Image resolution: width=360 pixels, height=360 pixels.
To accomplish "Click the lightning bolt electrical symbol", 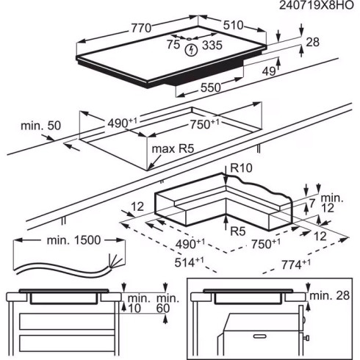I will click(x=192, y=50).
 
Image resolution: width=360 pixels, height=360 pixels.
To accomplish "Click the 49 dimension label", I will click(x=270, y=71).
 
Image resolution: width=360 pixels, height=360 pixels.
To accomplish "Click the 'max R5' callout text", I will click(x=174, y=151).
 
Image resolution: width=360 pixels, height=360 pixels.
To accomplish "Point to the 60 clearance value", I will click(x=163, y=308).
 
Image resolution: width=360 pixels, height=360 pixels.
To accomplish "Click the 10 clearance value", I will click(x=132, y=308).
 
